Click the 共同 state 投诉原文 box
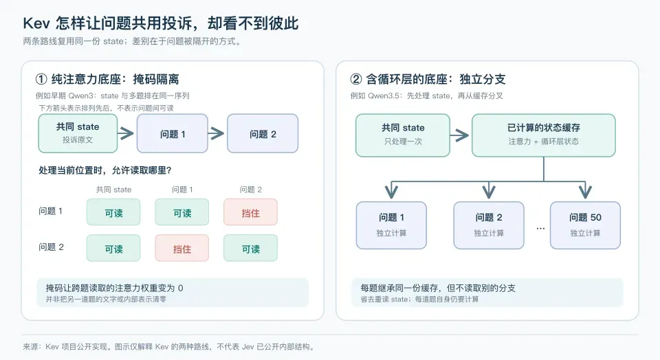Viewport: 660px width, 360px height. [78, 133]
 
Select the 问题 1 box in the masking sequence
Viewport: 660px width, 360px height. [172, 133]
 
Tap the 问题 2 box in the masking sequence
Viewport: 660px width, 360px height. [263, 133]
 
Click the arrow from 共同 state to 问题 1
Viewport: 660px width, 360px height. [126, 133]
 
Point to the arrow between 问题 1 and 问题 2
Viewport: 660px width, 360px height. [217, 133]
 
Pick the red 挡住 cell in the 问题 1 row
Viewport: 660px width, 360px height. [250, 212]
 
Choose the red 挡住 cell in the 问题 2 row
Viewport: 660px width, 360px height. [181, 248]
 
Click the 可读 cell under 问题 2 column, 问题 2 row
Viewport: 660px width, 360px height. [250, 248]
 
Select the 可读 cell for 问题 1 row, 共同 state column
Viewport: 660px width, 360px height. [113, 212]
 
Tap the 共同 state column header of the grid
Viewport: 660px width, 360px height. [113, 190]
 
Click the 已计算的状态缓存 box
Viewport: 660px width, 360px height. [543, 135]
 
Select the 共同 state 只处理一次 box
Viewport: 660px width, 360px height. [403, 135]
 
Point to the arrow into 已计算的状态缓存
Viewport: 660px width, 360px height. [460, 135]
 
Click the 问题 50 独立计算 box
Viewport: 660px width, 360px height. [585, 225]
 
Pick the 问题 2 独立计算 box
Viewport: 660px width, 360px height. [489, 225]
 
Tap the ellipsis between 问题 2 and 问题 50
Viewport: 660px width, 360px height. [540, 228]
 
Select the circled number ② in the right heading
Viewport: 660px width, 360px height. [355, 79]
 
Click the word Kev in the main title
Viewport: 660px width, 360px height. [36, 23]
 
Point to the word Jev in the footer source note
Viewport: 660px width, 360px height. [248, 347]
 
